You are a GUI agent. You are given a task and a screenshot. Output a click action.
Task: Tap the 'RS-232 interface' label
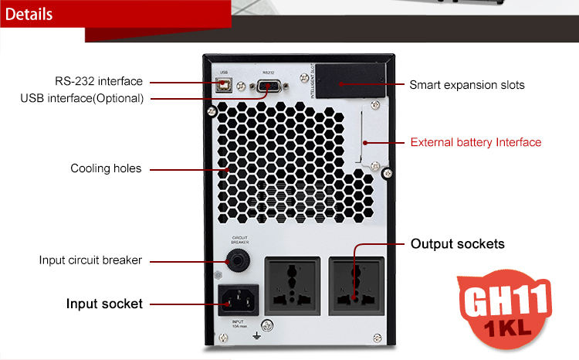[98, 81]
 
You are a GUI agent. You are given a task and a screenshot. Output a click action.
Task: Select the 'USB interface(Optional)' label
[82, 98]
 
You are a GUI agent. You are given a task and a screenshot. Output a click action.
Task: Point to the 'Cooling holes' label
[106, 168]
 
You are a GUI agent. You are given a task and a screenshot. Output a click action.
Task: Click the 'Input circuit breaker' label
[90, 260]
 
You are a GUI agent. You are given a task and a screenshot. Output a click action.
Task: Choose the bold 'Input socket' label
[104, 304]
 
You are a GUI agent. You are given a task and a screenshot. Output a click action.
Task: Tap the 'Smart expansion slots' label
[466, 85]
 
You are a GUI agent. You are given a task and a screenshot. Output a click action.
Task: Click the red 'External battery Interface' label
[476, 142]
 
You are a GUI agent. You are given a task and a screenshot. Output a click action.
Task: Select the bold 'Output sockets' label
[457, 244]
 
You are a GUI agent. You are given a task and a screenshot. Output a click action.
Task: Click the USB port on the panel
[223, 84]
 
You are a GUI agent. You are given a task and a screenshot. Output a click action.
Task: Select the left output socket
[292, 283]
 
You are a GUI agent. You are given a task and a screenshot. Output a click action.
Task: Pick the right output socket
[356, 283]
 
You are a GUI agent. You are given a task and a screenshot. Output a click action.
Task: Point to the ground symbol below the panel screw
[266, 337]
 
